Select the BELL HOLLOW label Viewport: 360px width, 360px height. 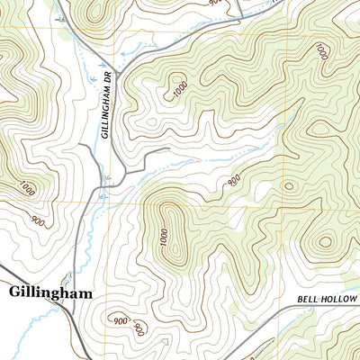click(x=327, y=298)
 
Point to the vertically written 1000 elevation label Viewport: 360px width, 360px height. click(x=164, y=239)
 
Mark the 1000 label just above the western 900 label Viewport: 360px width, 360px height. click(x=27, y=189)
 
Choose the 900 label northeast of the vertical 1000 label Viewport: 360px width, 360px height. click(x=234, y=181)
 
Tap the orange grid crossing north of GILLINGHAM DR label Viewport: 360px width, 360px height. click(x=112, y=36)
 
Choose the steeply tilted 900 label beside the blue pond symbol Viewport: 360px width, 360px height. click(x=139, y=328)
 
